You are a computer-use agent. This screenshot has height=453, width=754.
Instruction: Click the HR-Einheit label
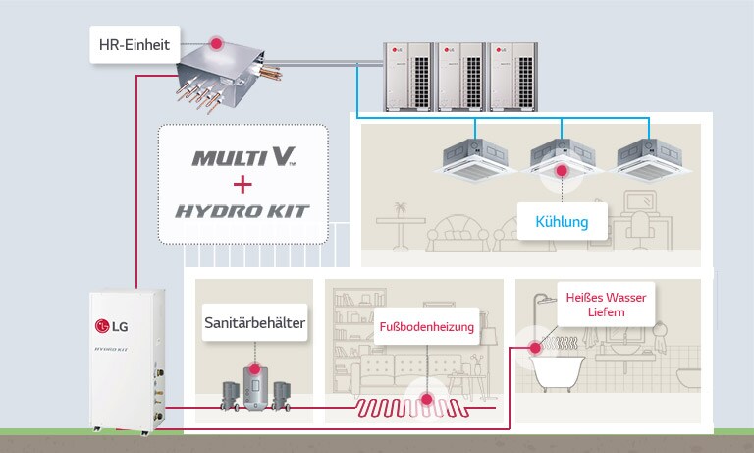pyautogui.click(x=135, y=44)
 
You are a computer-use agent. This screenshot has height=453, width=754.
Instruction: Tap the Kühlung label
pyautogui.click(x=562, y=221)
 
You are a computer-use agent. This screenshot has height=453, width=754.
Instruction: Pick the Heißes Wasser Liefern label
pyautogui.click(x=605, y=303)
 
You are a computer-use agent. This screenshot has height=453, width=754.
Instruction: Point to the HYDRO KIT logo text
pyautogui.click(x=242, y=211)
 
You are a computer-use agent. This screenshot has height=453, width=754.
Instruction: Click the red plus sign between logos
pyautogui.click(x=242, y=185)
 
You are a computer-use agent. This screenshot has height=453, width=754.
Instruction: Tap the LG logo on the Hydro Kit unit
pyautogui.click(x=111, y=326)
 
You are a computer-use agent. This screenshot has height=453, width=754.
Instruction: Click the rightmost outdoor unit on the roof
pyautogui.click(x=514, y=76)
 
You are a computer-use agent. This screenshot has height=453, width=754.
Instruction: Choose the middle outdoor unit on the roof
pyautogui.click(x=461, y=76)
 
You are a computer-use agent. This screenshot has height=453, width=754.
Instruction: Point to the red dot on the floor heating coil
pyautogui.click(x=426, y=399)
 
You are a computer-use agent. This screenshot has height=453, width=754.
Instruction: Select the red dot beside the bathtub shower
pyautogui.click(x=535, y=347)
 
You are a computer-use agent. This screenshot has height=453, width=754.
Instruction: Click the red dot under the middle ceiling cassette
pyautogui.click(x=562, y=171)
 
